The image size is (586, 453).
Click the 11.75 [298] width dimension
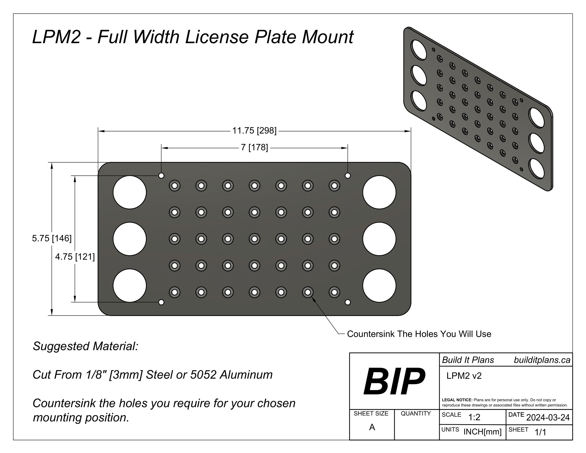coord(254,131)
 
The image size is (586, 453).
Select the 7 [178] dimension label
coord(254,147)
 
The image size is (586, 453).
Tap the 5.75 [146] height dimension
coord(52,238)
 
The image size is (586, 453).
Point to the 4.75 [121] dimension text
coord(75,257)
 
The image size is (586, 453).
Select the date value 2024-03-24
coord(548,418)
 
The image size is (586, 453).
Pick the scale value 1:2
coord(474,417)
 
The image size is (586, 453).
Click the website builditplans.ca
coord(542,360)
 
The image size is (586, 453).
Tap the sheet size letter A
coord(372,427)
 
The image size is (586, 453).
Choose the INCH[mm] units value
coord(482,432)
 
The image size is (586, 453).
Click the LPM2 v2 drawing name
coord(464,376)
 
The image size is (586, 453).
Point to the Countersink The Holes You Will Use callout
coord(419,334)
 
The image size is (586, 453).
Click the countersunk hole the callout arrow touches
coord(308,292)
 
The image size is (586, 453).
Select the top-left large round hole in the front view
coord(130,192)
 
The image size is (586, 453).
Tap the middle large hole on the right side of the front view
coord(379,239)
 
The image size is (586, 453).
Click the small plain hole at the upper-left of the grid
coord(161,176)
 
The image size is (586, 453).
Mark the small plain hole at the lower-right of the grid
coord(347,302)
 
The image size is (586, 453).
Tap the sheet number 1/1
coord(540,432)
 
